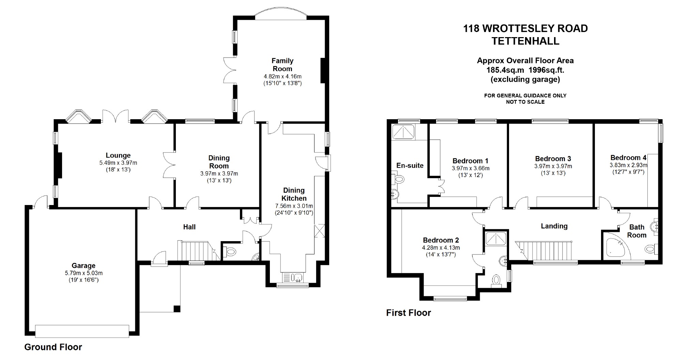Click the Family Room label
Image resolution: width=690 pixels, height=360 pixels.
[x=282, y=65]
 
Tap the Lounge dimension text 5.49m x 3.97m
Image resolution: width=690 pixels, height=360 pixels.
[x=118, y=163]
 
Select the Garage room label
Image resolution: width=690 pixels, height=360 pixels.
[x=83, y=266]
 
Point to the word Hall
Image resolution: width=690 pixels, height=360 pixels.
[x=189, y=227]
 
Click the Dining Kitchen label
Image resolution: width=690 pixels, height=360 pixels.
[x=294, y=194]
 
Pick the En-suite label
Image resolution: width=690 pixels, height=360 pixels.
[x=410, y=166]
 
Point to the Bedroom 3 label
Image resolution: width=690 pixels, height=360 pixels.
[x=553, y=159]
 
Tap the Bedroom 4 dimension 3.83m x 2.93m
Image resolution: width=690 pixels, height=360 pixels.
[x=628, y=165]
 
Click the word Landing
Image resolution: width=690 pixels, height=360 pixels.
[x=554, y=226]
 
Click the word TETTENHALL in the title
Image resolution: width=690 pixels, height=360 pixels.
[x=525, y=41]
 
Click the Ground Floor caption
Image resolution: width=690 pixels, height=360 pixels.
[x=53, y=347]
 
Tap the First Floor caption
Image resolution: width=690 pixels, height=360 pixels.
[x=408, y=313]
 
